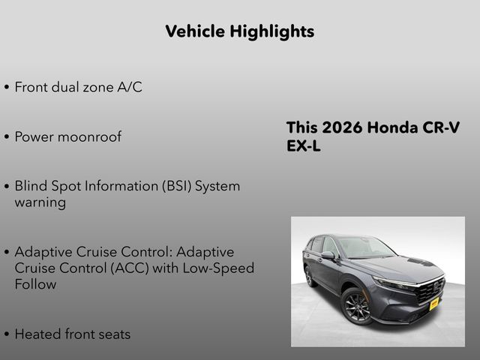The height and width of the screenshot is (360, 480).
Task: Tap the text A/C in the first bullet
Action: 129,87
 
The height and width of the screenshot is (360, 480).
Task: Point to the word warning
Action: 40,202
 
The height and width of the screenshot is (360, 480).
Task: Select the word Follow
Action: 35,284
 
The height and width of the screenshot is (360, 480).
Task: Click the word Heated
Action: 37,334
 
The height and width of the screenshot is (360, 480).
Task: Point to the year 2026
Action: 342,127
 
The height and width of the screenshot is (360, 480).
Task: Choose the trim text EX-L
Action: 303,146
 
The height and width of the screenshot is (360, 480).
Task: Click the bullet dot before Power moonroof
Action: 7,138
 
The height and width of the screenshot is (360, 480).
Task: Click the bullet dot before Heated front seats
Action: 7,335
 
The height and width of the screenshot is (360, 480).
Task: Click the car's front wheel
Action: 356,306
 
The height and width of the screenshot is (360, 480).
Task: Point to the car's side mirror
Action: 328,256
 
